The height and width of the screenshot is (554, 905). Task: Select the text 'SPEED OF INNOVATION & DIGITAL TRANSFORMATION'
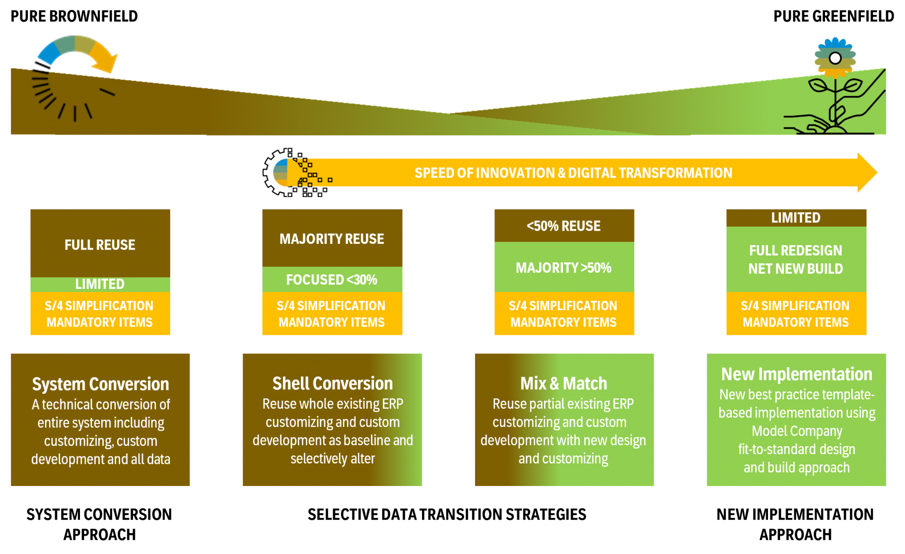pyautogui.click(x=573, y=173)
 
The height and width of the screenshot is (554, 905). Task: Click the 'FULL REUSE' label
pyautogui.click(x=100, y=245)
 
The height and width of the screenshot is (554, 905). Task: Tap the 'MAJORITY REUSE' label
pyautogui.click(x=332, y=239)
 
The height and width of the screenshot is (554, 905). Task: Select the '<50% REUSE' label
pyautogui.click(x=563, y=226)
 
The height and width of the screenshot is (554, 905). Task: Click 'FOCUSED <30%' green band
pyautogui.click(x=332, y=280)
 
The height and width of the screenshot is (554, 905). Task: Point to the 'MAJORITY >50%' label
pyautogui.click(x=563, y=268)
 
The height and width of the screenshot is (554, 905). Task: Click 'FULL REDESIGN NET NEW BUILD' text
pyautogui.click(x=795, y=259)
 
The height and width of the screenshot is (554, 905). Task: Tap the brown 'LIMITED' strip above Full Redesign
pyautogui.click(x=795, y=218)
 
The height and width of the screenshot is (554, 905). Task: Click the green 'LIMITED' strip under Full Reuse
pyautogui.click(x=100, y=284)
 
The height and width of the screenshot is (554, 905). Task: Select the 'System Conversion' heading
pyautogui.click(x=100, y=384)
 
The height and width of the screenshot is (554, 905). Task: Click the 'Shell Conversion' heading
pyautogui.click(x=332, y=383)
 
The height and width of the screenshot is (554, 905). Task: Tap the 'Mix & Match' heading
pyautogui.click(x=563, y=383)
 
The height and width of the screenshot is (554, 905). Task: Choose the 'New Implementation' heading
pyautogui.click(x=796, y=374)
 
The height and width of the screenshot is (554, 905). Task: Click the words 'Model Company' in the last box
pyautogui.click(x=797, y=431)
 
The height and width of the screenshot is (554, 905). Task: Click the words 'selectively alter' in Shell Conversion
pyautogui.click(x=332, y=459)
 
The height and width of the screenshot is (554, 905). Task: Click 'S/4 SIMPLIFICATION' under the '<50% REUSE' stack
pyautogui.click(x=563, y=306)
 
